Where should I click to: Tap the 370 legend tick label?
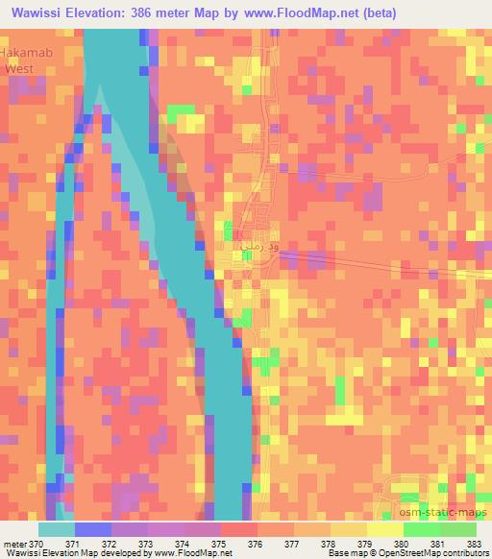(37, 543)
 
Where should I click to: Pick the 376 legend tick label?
(257, 543)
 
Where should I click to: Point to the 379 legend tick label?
(366, 543)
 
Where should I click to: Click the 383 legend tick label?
(476, 543)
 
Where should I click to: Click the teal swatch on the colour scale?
(56, 528)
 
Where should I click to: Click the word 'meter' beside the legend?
(13, 543)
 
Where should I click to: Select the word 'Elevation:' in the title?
(100, 12)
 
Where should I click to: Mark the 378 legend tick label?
(330, 543)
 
